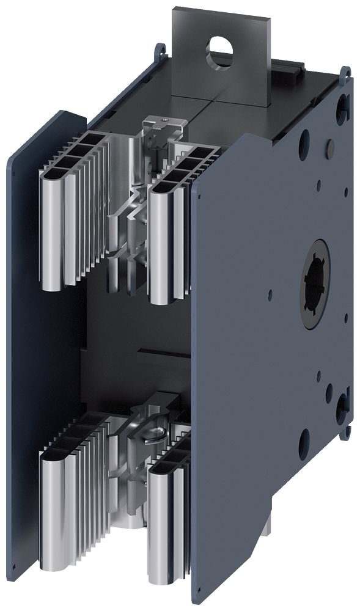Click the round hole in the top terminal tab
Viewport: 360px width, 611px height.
(x=217, y=47)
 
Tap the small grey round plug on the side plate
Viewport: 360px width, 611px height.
(x=329, y=145)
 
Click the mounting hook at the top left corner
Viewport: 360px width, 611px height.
(x=161, y=49)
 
